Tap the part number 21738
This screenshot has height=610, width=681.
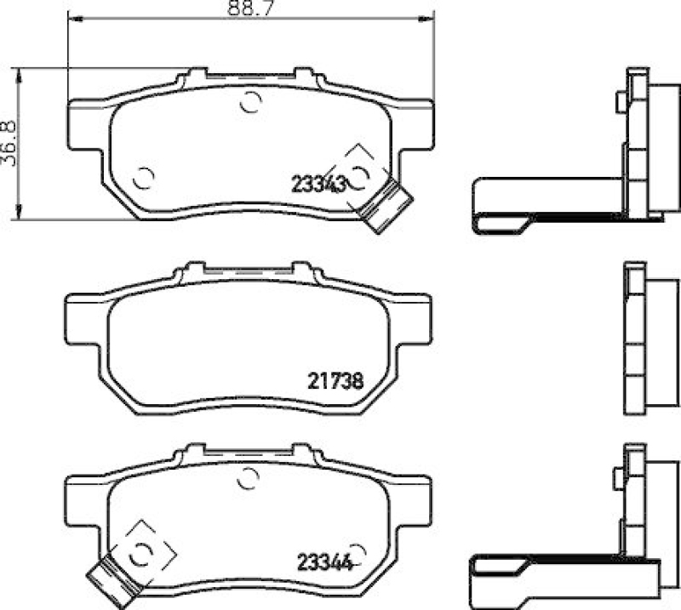coord(335,382)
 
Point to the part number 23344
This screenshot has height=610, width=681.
coord(323,562)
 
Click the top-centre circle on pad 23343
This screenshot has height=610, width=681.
coord(249,102)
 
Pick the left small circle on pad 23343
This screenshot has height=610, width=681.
coord(144,179)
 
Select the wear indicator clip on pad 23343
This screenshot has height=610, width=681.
coord(387,206)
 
